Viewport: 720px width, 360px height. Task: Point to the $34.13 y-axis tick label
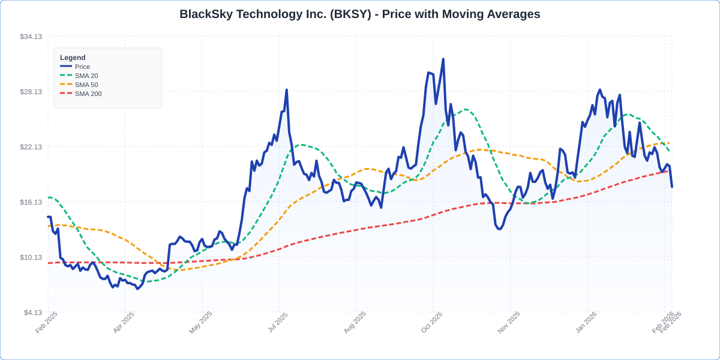point(31,37)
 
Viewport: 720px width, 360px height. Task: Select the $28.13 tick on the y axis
point(31,92)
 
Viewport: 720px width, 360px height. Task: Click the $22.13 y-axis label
point(31,147)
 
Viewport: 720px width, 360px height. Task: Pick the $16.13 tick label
point(31,202)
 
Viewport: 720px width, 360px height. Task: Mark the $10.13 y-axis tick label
point(31,257)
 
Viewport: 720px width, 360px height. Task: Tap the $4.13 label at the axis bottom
point(32,313)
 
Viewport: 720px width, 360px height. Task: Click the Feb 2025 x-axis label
point(46,323)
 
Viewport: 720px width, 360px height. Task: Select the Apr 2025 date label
point(123,323)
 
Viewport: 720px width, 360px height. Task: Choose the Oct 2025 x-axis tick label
point(431,323)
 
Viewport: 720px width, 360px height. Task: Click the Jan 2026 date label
point(585,323)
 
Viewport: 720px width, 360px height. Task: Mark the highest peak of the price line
point(443,59)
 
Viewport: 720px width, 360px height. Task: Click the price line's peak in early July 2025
point(287,90)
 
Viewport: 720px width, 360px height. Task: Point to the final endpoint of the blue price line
point(672,187)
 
